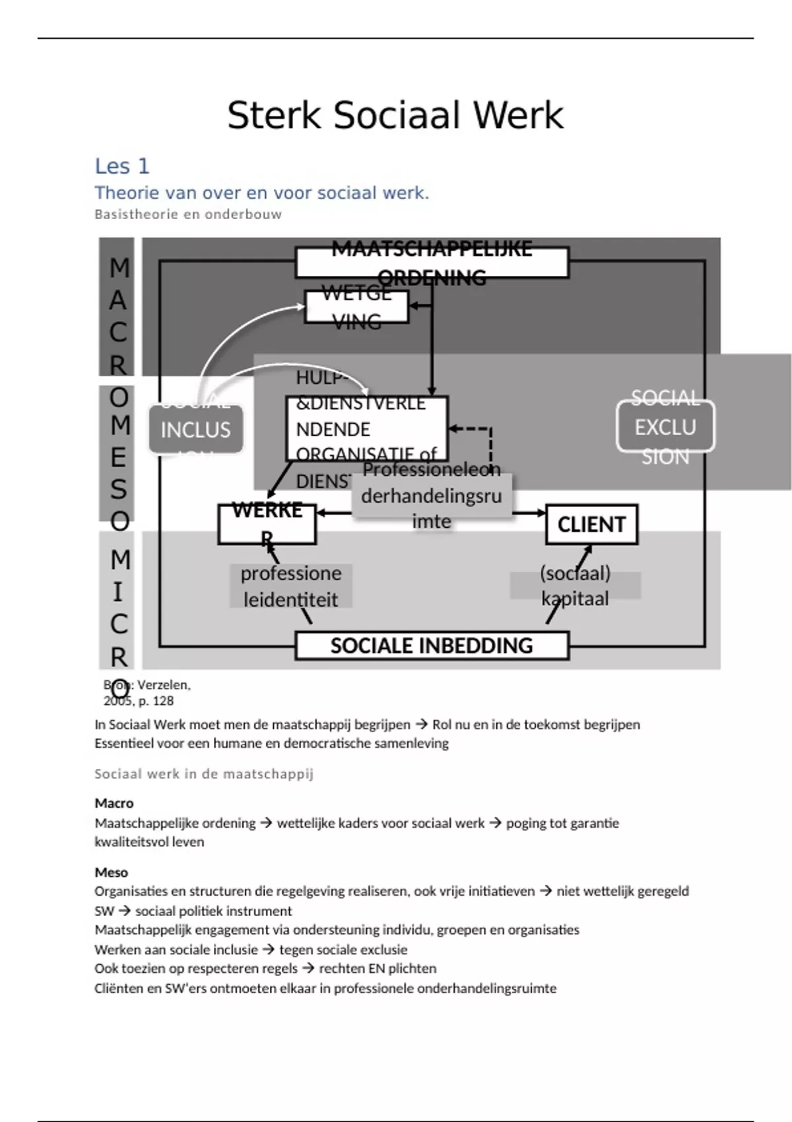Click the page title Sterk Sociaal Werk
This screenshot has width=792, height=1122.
point(395,115)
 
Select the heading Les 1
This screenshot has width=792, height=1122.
point(122,166)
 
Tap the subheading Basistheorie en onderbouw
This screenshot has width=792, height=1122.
point(188,214)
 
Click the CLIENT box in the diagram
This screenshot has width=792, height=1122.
point(591,525)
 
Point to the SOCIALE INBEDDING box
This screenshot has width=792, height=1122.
point(432,645)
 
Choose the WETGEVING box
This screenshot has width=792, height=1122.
point(356,308)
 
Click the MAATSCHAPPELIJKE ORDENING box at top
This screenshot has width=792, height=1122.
point(432,263)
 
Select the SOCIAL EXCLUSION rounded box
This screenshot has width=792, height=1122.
point(665,427)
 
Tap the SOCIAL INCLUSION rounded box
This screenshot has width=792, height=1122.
point(195,430)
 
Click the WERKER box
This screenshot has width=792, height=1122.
point(267,525)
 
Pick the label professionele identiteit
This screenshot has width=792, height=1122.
point(290,586)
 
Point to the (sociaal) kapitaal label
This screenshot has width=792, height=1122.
point(575,585)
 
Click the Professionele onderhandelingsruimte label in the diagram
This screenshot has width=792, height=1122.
point(432,496)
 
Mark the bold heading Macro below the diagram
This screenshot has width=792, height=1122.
point(114,803)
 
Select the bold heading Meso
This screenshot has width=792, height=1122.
point(112,873)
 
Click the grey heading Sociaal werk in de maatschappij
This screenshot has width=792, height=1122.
point(204,774)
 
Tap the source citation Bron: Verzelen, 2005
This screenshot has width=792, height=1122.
point(147,693)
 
